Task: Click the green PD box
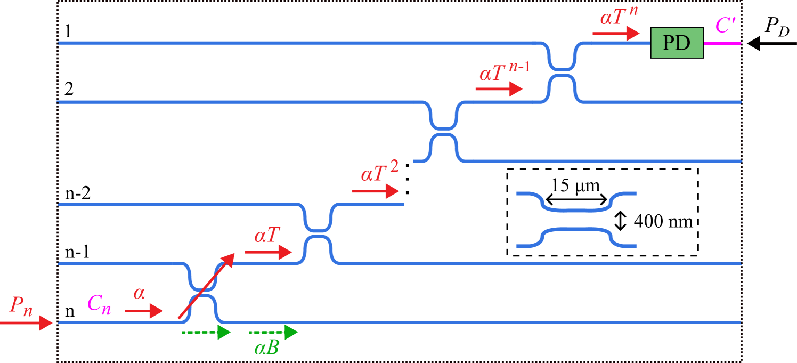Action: (677, 43)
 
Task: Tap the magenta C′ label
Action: (726, 25)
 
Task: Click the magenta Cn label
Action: (99, 304)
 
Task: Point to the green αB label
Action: (267, 349)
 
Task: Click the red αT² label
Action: (379, 172)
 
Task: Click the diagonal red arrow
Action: (206, 286)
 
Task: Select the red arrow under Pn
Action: (27, 322)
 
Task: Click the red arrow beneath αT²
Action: (375, 191)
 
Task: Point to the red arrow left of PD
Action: (616, 33)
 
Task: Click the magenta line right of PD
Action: (722, 43)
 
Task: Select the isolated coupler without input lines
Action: (576, 220)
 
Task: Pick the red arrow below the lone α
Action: (144, 310)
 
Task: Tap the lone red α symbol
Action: (139, 293)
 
